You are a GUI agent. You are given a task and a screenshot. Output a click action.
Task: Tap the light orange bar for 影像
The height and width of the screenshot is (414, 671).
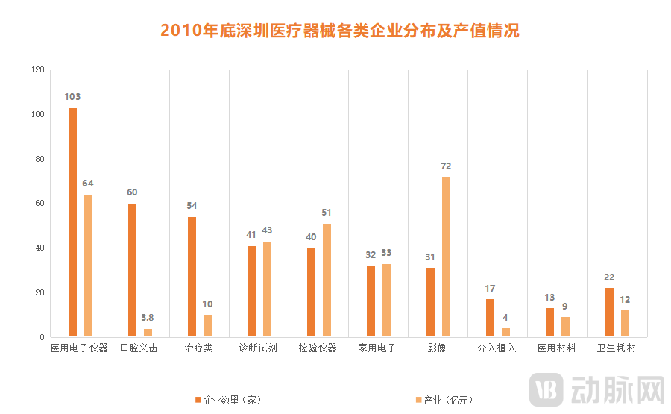(x=446, y=257)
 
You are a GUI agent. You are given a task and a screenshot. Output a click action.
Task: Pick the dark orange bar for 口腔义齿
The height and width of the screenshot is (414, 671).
(x=132, y=270)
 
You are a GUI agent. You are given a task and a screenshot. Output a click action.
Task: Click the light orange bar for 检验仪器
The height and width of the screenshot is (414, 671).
(x=327, y=280)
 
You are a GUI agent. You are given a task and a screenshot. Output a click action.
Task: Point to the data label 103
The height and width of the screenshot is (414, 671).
(x=72, y=97)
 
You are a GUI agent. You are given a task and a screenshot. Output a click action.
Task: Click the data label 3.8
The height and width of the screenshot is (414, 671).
(x=148, y=318)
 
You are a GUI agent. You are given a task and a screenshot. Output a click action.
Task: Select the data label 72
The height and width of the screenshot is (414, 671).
(x=446, y=166)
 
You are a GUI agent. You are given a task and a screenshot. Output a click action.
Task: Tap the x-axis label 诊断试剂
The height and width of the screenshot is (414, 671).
(x=258, y=348)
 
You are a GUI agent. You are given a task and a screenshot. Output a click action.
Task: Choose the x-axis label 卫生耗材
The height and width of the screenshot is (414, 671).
(x=617, y=348)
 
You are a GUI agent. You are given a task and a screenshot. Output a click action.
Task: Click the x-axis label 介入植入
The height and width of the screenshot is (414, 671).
(x=497, y=348)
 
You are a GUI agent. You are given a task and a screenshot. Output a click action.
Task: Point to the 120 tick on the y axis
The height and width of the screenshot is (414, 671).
(x=37, y=70)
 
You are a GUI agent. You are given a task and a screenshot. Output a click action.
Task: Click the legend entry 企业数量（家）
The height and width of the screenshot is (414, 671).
(x=228, y=400)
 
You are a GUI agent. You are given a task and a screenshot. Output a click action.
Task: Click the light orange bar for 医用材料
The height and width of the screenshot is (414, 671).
(x=566, y=327)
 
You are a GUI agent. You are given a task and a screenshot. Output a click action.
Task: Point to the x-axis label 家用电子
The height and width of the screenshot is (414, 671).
(x=377, y=348)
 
